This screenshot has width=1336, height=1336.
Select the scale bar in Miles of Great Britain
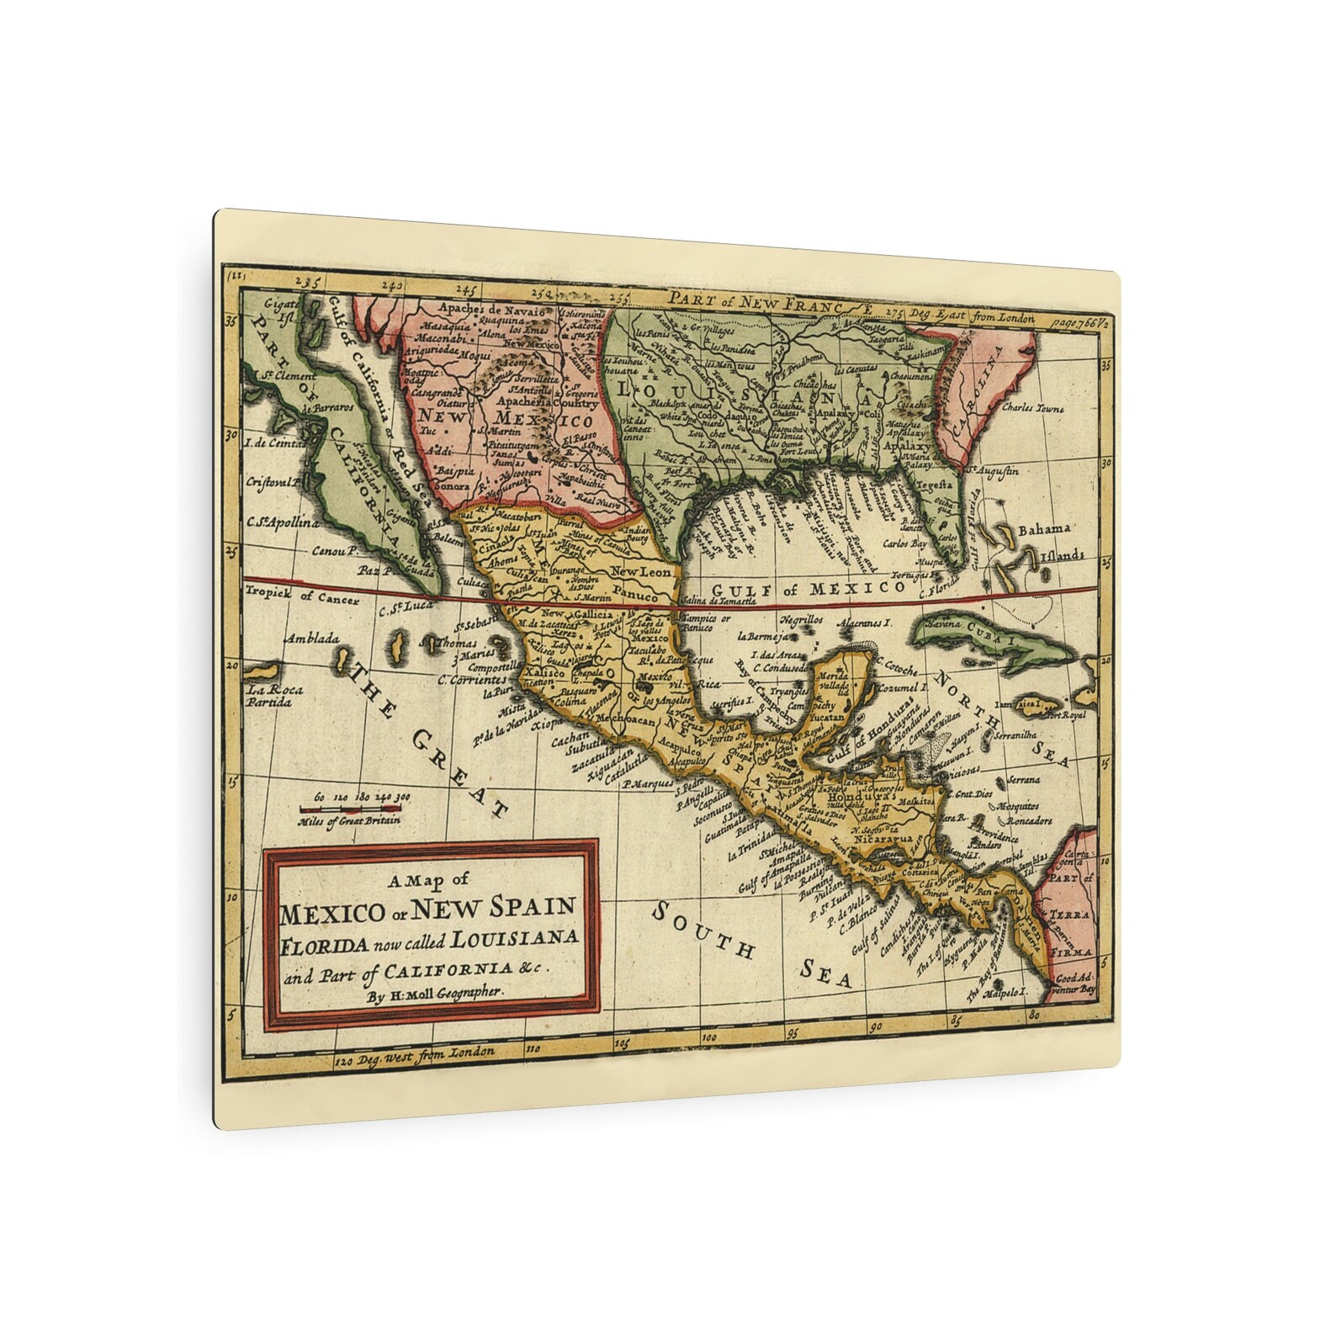click(350, 809)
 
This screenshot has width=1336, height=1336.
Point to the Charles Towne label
click(1032, 409)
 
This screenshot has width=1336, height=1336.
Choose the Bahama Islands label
click(1047, 543)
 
